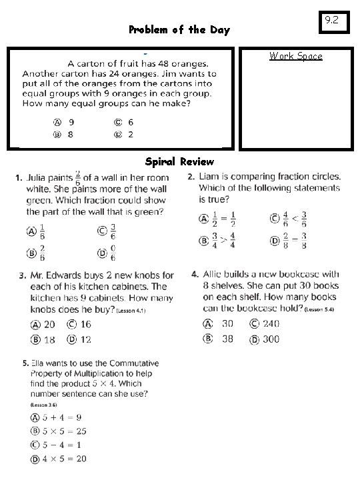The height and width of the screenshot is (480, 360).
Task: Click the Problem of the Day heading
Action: (x=179, y=30)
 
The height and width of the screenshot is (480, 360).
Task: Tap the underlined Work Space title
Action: (x=295, y=56)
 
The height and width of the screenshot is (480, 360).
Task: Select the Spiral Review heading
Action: (x=179, y=161)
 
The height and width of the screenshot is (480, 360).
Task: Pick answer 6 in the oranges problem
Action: (x=124, y=122)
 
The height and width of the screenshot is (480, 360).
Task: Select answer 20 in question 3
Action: (x=43, y=325)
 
